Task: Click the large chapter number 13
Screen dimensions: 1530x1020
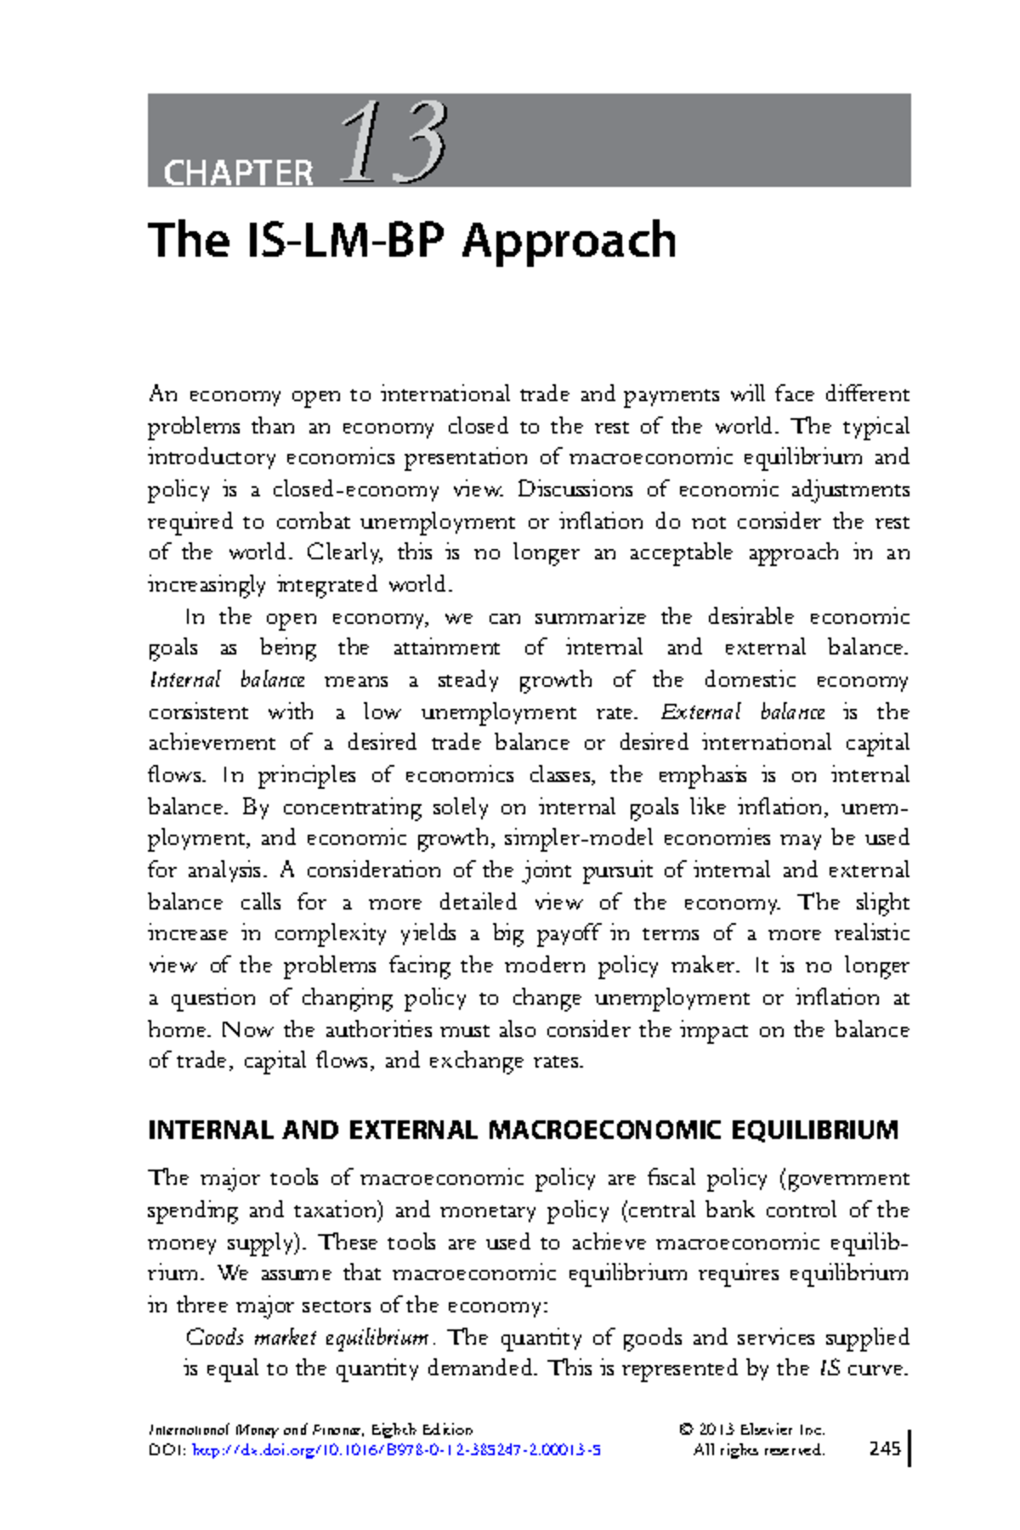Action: [394, 143]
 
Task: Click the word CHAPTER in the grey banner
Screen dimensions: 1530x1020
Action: [238, 173]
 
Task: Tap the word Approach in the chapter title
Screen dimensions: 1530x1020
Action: [569, 241]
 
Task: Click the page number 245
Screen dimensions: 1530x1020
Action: [885, 1449]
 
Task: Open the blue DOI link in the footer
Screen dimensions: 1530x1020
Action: [397, 1450]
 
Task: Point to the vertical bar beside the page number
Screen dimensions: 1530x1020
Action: [909, 1448]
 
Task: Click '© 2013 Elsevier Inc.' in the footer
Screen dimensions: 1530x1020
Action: [751, 1430]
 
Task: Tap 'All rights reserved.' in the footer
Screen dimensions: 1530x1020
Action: [758, 1450]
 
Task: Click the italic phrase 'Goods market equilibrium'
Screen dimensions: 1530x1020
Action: [307, 1338]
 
